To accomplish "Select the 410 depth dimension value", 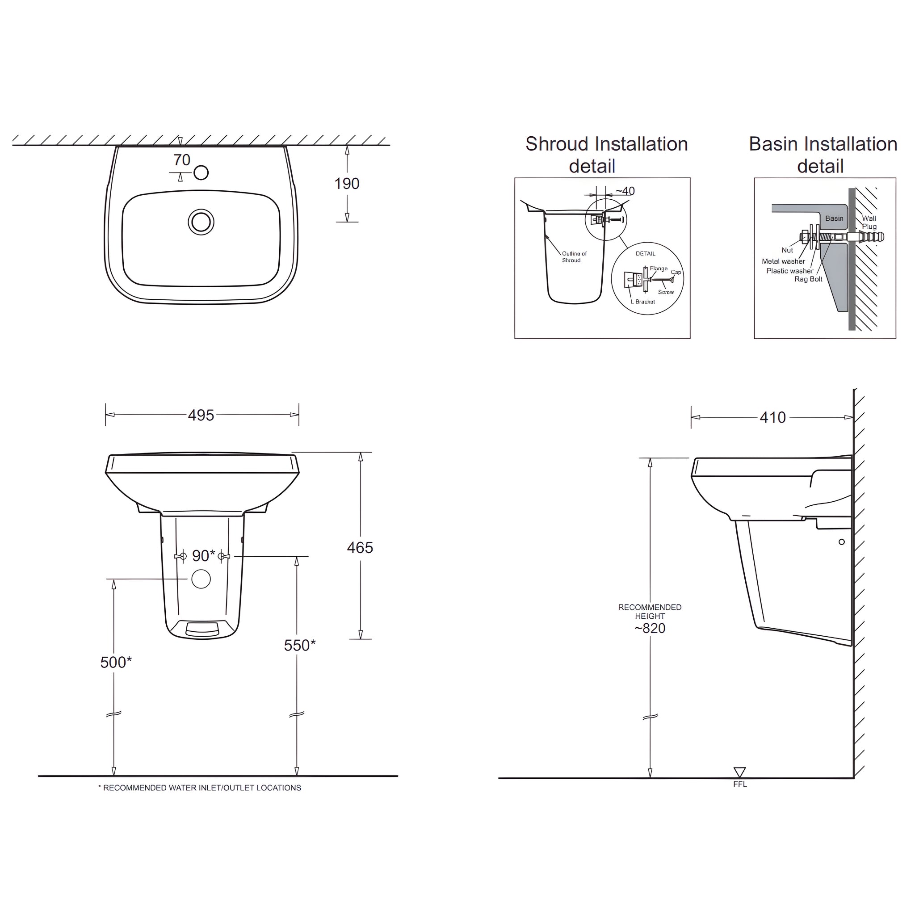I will click(772, 417).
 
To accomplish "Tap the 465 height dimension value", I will click(360, 547).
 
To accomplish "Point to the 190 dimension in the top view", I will click(347, 184).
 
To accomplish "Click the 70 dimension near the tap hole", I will click(182, 160).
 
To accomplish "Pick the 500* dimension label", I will click(116, 662).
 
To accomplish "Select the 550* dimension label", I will click(300, 645).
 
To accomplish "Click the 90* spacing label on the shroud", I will click(203, 555).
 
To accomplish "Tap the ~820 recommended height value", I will click(650, 629).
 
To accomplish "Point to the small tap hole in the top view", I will click(201, 173).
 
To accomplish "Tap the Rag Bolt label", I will click(808, 279).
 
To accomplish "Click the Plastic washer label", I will click(789, 271).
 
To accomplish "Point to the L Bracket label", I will click(642, 302).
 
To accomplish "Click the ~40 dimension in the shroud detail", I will click(625, 191).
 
